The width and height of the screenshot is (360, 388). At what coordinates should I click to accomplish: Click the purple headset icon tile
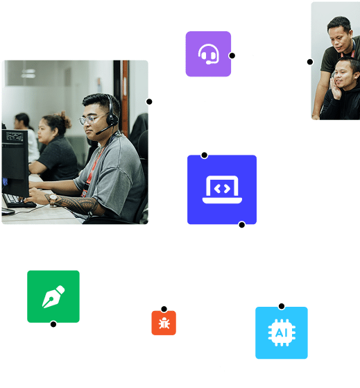[x=208, y=54]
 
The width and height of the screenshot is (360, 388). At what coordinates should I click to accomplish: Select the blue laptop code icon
[x=222, y=189]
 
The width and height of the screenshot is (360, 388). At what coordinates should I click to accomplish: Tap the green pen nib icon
[x=53, y=296]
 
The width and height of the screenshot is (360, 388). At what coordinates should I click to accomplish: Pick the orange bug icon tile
[x=164, y=323]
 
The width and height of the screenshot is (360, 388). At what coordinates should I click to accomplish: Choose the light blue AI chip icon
[x=282, y=332]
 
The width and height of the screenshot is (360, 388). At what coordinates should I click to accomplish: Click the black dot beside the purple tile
[x=232, y=56]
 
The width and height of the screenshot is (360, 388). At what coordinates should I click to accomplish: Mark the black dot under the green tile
[x=53, y=324]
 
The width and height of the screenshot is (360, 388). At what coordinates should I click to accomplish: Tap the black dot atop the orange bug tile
[x=164, y=309]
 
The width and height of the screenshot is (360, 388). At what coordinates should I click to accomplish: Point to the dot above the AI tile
[x=282, y=307]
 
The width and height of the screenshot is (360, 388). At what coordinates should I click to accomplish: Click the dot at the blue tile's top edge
[x=204, y=155]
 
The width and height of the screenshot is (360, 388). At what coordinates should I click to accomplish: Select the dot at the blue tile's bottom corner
[x=242, y=225]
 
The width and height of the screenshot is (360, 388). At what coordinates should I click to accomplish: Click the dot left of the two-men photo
[x=310, y=62]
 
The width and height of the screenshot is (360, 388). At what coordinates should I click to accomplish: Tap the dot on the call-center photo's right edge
[x=149, y=102]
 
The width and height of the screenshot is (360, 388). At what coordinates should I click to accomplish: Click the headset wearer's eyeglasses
[x=91, y=120]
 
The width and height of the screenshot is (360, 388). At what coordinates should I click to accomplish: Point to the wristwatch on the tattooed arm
[x=53, y=199]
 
